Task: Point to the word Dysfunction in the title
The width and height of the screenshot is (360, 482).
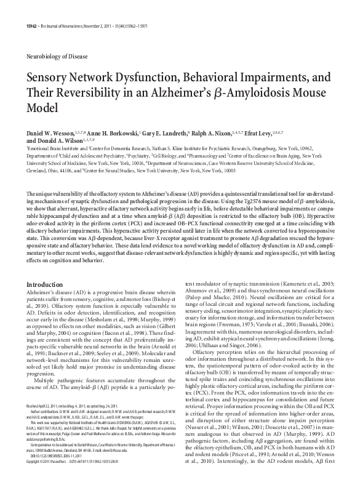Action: coord(141,79)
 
